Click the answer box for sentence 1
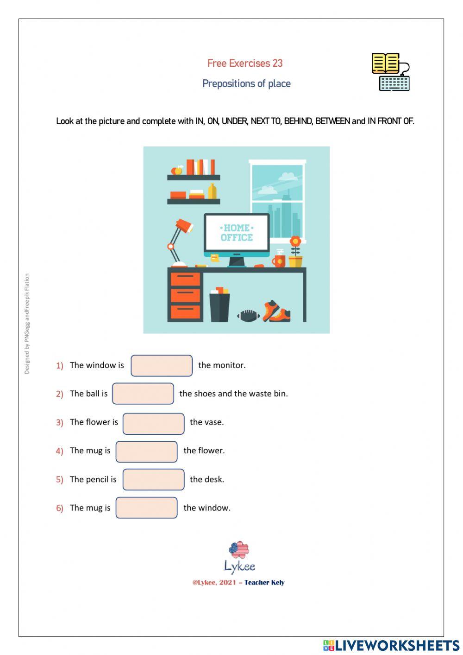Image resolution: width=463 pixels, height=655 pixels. point(162,366)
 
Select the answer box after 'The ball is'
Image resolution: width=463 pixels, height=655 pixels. point(143,394)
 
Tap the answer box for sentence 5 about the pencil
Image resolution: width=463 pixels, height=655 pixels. point(153,479)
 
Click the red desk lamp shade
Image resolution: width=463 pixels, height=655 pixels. point(184,226)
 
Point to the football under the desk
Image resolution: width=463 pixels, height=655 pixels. point(249,316)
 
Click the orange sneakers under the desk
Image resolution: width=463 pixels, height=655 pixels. point(276,312)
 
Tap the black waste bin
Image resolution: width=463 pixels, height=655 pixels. point(219,307)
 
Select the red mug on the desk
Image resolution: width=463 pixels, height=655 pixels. point(279,261)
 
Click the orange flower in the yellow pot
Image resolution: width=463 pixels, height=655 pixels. point(295,242)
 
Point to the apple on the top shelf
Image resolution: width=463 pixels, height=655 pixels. point(177,170)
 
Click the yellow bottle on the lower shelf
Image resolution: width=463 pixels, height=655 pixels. point(212,191)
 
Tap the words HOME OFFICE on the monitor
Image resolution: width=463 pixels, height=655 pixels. point(237,233)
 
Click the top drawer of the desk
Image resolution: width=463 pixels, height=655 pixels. point(185,279)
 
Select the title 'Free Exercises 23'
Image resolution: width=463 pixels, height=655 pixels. point(245,63)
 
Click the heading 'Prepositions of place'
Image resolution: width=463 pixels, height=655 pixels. point(246,84)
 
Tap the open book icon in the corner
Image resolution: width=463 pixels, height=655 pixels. point(385,63)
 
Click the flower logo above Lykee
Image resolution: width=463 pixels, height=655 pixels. point(239,550)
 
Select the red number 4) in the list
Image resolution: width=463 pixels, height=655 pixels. point(59,451)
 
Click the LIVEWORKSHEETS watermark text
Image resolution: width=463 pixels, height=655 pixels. point(397,645)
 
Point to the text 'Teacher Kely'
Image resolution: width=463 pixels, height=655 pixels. point(264,583)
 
